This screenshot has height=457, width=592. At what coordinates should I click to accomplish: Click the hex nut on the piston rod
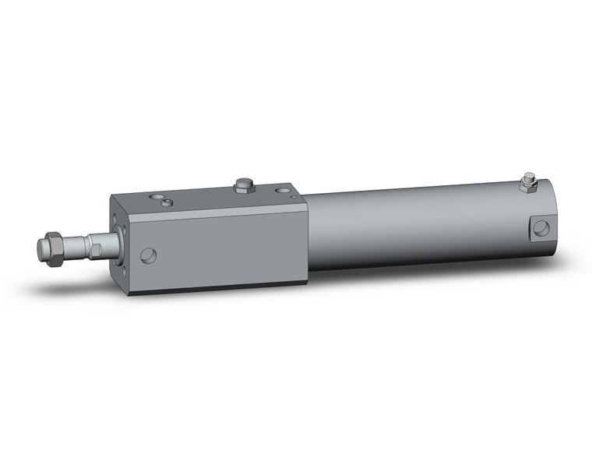coord(55,249)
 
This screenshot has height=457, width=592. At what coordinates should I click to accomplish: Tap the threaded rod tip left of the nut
coord(42,249)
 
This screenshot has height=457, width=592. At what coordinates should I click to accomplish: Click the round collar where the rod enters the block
coord(111,244)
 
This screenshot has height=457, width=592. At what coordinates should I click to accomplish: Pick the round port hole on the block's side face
coord(148,255)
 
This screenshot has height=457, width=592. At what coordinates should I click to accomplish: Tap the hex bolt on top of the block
coord(244,185)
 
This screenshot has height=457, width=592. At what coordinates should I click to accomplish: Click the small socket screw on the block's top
coord(167,202)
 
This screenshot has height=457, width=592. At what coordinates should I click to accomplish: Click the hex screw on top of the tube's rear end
coord(530,184)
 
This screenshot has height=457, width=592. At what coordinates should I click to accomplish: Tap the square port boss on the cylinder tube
coord(541,228)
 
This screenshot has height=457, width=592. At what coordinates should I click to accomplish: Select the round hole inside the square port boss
coord(541,228)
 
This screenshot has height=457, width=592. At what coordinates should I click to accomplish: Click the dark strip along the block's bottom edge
coord(218,289)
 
